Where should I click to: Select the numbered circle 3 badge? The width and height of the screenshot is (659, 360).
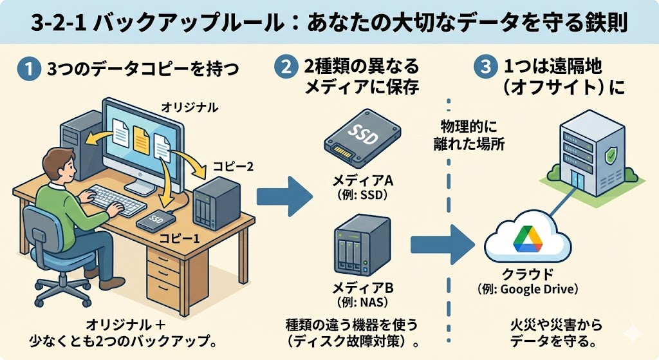[483, 66]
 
